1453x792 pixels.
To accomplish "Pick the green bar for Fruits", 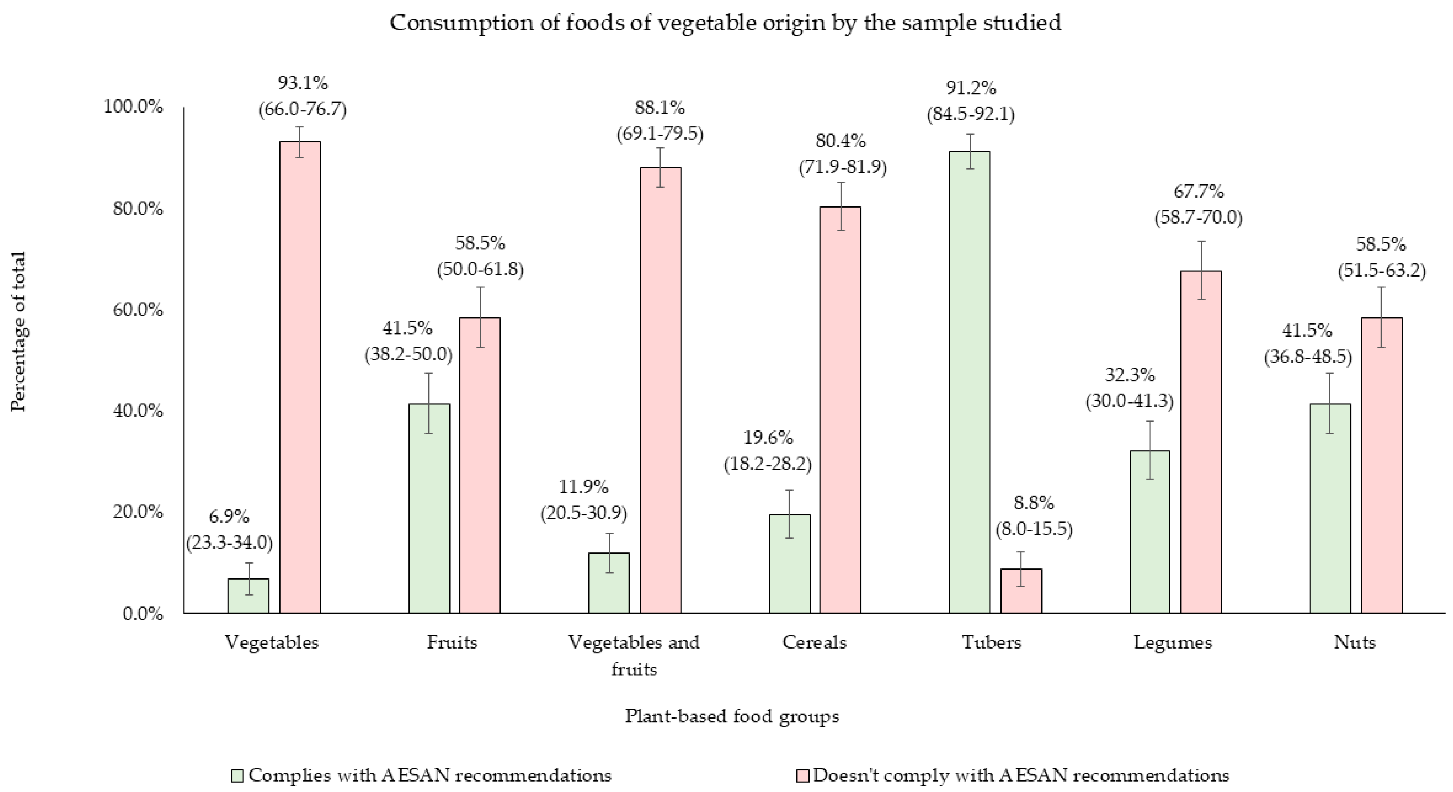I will coord(429,508).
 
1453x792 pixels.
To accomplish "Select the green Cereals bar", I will coord(790,564).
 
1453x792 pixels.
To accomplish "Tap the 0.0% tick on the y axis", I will coord(143,614).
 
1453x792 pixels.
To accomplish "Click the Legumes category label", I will coord(1173,642).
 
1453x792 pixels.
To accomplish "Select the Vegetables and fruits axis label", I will coord(633,655).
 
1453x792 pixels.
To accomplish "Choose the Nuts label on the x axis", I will coord(1354,642).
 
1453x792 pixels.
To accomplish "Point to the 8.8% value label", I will coord(1033,503).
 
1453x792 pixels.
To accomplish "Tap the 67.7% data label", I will coord(1198,192).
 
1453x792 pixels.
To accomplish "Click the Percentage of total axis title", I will coord(18,332).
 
